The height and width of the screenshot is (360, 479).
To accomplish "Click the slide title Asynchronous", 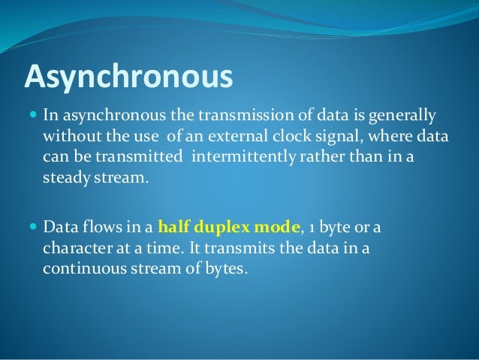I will coord(128,76).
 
